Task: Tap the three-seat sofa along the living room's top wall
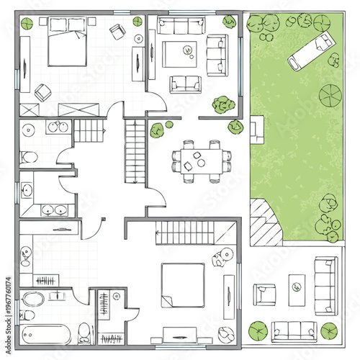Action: click(181, 27)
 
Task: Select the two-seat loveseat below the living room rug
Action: click(184, 84)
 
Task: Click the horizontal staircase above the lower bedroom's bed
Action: click(186, 232)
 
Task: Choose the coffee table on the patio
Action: click(297, 287)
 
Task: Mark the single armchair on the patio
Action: click(264, 294)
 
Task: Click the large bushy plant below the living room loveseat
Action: click(223, 105)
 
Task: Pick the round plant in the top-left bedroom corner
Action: click(27, 23)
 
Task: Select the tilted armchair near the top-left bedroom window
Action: click(117, 32)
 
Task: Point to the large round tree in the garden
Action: click(332, 96)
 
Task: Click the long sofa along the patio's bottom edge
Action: click(294, 330)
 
